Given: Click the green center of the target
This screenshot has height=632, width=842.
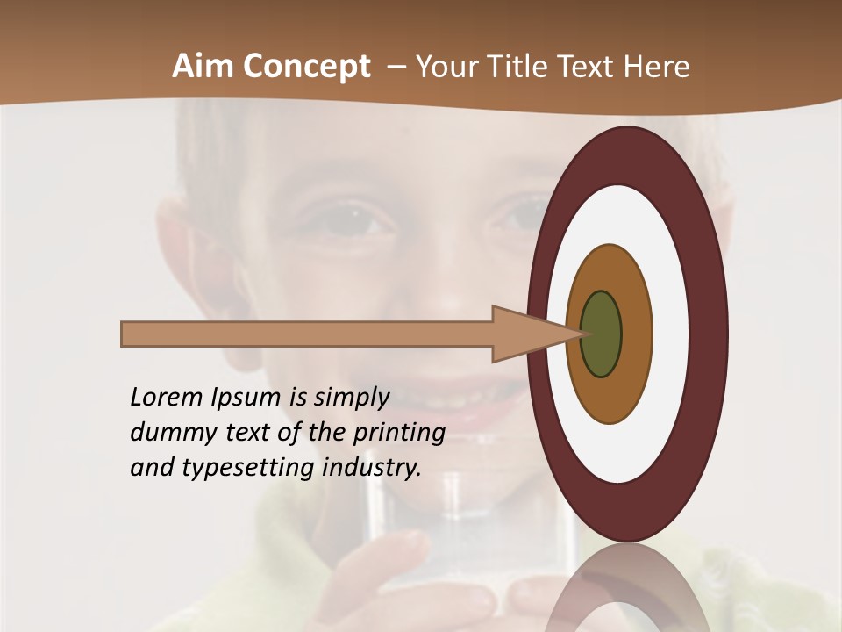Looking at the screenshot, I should click(x=601, y=334).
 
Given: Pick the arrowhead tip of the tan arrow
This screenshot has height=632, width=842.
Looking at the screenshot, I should click(x=581, y=334).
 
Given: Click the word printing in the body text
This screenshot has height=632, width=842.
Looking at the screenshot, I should click(x=399, y=433).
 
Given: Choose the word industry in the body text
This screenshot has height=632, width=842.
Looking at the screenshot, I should click(x=372, y=467).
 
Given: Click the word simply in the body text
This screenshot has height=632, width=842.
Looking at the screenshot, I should click(x=351, y=398).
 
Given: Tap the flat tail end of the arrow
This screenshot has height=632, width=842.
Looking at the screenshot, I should click(x=124, y=334).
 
